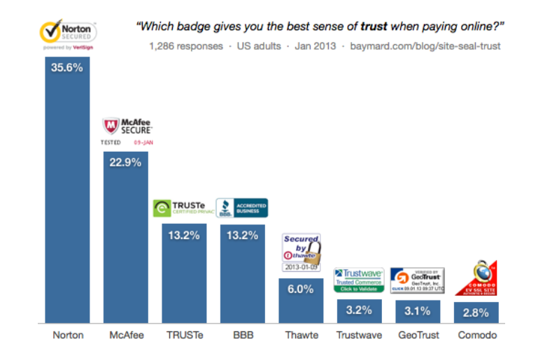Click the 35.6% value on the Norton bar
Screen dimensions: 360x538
[68, 69]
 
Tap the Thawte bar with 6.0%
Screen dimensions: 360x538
[301, 301]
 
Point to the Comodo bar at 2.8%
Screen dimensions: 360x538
[476, 312]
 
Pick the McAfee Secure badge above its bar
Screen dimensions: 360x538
[127, 130]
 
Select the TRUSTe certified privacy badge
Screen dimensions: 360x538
[183, 208]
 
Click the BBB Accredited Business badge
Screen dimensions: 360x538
[242, 208]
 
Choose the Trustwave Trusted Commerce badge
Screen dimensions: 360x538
[359, 280]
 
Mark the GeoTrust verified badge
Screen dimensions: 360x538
[418, 280]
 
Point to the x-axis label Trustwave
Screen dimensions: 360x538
[359, 336]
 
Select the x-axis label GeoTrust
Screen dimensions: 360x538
[418, 336]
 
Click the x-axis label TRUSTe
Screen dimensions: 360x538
[184, 336]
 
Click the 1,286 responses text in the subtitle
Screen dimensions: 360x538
[185, 47]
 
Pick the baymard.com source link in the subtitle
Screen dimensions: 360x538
[431, 47]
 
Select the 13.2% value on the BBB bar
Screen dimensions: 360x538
[242, 235]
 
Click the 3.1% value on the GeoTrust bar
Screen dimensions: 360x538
[418, 311]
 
